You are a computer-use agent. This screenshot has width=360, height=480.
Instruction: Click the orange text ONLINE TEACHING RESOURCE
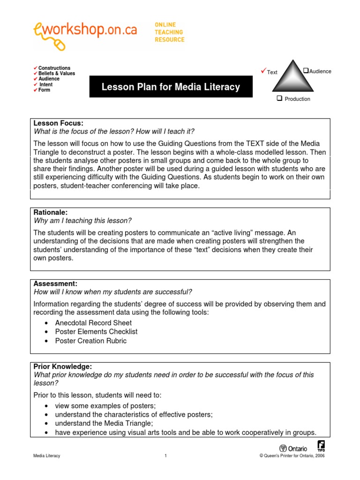click(x=169, y=32)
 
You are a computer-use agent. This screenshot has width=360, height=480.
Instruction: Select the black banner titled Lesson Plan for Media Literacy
click(x=171, y=87)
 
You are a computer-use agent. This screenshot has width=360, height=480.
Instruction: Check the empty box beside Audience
click(x=306, y=71)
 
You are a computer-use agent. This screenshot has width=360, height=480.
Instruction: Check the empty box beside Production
click(x=279, y=98)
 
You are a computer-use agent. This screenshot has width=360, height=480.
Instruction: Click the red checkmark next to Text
click(x=263, y=71)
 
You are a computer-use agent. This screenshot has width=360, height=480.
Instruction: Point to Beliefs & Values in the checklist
click(x=56, y=74)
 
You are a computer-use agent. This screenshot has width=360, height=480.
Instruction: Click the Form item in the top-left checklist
click(x=44, y=90)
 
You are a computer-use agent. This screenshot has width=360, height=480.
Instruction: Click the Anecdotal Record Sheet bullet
click(x=93, y=323)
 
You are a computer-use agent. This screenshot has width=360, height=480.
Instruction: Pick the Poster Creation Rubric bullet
click(x=90, y=341)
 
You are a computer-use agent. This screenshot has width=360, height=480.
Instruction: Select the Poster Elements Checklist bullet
click(x=96, y=332)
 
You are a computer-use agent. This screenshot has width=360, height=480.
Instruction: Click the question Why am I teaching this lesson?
click(x=82, y=221)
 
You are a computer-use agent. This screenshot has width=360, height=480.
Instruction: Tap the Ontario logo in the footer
click(x=293, y=448)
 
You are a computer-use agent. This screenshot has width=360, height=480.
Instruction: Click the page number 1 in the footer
click(x=165, y=456)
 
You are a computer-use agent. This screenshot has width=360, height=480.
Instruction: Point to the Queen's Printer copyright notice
click(x=292, y=456)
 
